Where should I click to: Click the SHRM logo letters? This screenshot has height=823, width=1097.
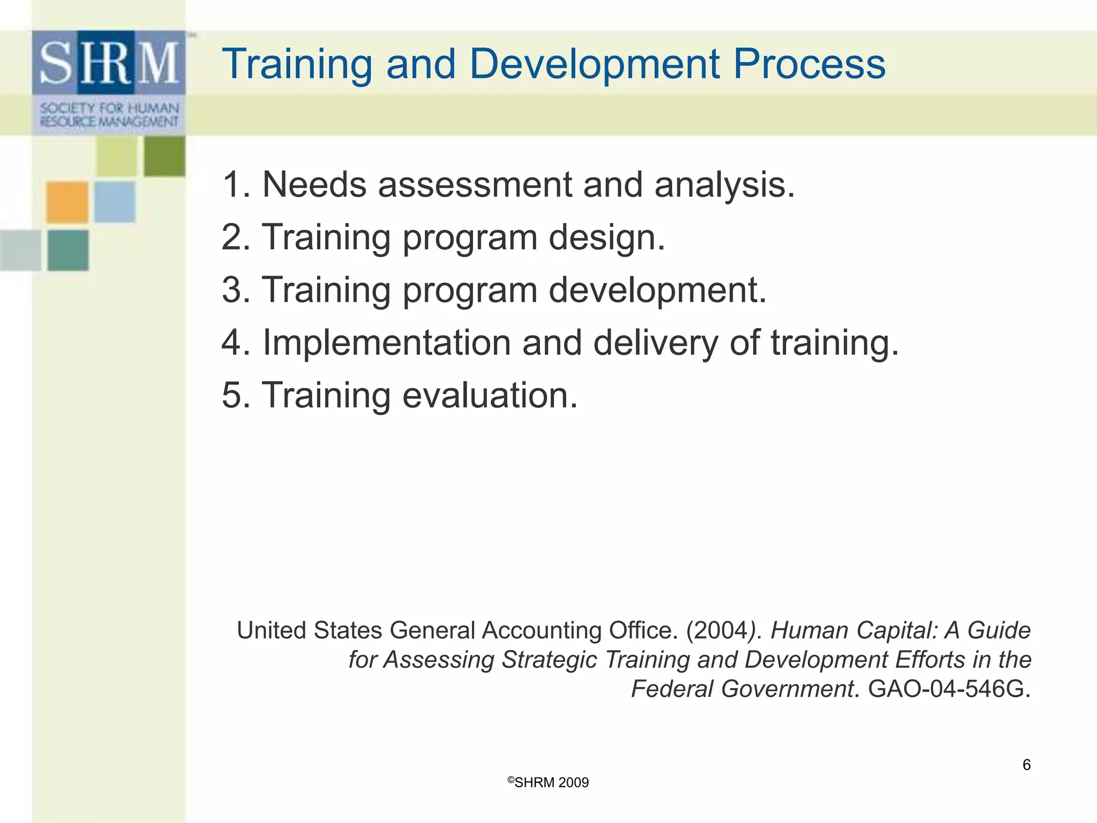tap(109, 63)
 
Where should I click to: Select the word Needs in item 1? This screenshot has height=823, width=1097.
tap(314, 185)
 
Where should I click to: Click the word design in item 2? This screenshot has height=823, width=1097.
tap(606, 237)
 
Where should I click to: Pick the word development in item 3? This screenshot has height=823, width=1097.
tap(657, 290)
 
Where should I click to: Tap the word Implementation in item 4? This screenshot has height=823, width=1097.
tap(386, 342)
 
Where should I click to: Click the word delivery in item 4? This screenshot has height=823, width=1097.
tap(655, 343)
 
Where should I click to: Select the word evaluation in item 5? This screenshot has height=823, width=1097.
tap(490, 395)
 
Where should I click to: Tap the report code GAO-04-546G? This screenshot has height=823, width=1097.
tap(949, 689)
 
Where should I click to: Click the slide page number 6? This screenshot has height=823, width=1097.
tap(1026, 765)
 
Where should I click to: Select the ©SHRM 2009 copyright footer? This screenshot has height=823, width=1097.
tap(548, 782)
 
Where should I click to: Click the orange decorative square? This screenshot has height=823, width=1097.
tap(67, 202)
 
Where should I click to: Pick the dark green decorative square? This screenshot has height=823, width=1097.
tap(164, 156)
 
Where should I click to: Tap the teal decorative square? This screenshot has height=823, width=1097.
tap(68, 250)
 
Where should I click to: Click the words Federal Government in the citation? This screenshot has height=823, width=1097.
tap(742, 689)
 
